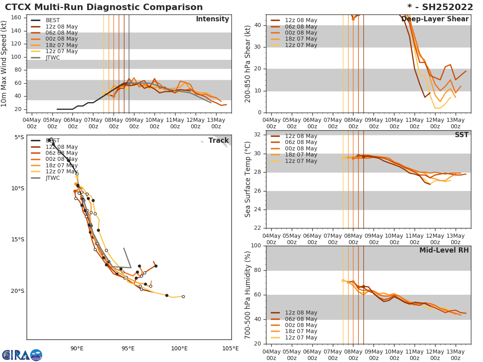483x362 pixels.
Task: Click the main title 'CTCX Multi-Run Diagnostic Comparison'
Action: pos(104,7)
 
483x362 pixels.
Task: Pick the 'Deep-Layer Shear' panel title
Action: pos(440,19)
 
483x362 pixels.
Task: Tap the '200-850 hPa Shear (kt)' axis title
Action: pos(248,64)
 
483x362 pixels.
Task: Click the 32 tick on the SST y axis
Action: pos(258,135)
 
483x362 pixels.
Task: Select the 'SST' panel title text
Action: pos(461,135)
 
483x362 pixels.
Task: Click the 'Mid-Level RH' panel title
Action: pos(444,250)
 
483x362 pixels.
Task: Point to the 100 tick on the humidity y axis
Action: pos(256,246)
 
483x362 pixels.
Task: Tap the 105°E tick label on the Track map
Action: pos(231,348)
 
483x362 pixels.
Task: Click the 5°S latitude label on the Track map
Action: pos(19,138)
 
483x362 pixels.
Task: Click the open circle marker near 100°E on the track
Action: pos(183,296)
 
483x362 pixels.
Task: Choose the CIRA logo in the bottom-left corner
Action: pos(22,355)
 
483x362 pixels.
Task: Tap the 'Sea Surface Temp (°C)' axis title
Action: pos(248,179)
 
